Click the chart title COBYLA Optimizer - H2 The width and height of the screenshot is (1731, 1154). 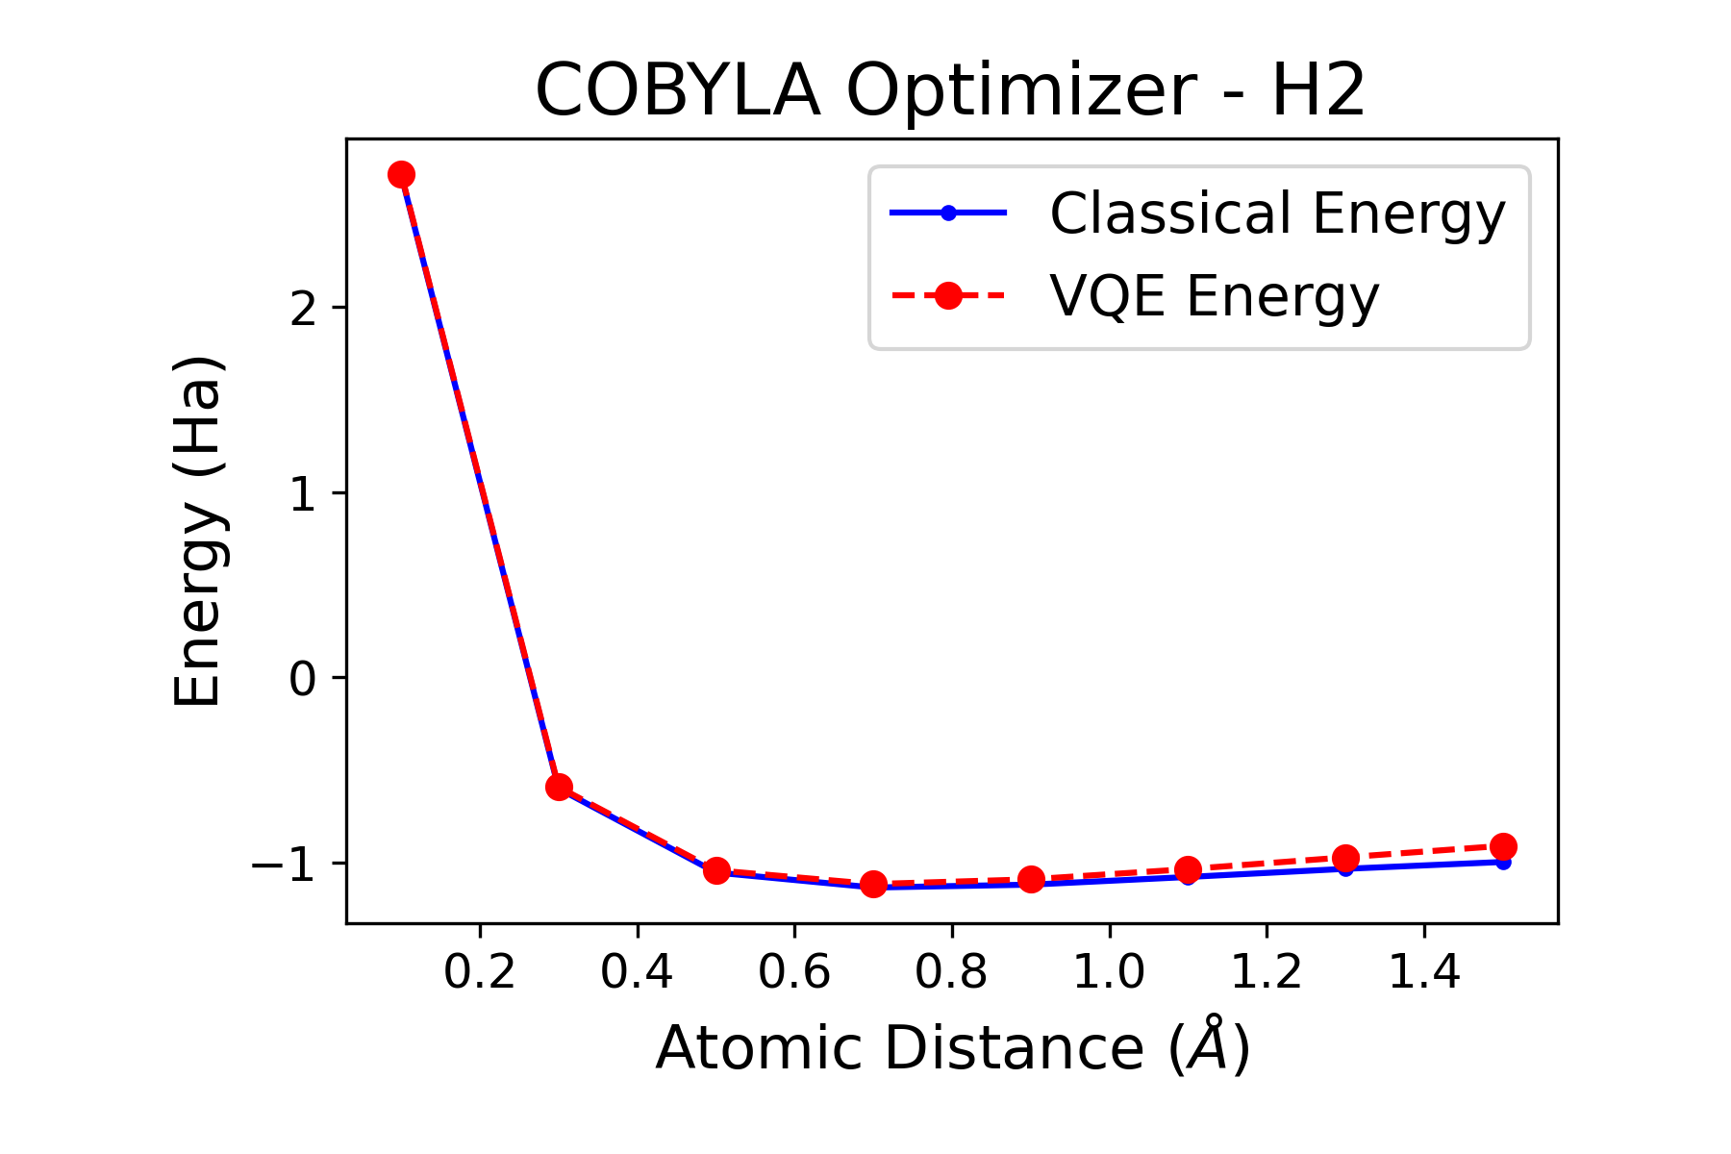[x=949, y=90]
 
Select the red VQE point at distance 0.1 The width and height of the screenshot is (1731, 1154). [x=401, y=174]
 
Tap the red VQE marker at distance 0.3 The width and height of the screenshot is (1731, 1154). [x=559, y=787]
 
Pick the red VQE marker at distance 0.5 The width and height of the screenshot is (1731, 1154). [x=716, y=870]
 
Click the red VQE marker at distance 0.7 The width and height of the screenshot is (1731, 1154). [x=873, y=884]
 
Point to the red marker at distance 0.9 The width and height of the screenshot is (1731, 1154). [x=1031, y=879]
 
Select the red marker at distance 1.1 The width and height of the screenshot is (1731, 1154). [x=1188, y=869]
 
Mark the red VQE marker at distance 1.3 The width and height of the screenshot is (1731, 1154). [x=1345, y=858]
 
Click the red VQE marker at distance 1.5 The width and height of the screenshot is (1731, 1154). [x=1503, y=846]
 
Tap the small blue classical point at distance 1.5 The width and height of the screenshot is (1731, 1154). [x=1503, y=863]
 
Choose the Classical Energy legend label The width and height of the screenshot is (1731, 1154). [x=1277, y=213]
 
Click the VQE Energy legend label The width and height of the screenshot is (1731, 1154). [x=1214, y=296]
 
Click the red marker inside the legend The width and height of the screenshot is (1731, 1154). [x=948, y=296]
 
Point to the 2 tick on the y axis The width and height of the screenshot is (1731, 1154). [x=304, y=308]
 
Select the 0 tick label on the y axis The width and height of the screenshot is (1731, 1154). [x=303, y=679]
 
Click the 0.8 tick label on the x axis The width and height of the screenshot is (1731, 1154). [x=951, y=973]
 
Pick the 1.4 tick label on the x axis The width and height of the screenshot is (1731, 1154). [x=1424, y=973]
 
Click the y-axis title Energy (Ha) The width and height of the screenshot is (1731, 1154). [x=198, y=531]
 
